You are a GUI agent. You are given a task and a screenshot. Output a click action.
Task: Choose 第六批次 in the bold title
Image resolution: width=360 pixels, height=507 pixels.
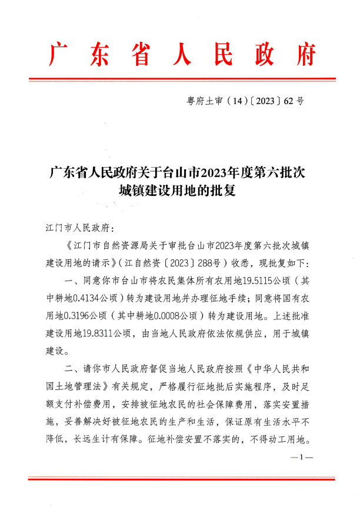tap(278, 173)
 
